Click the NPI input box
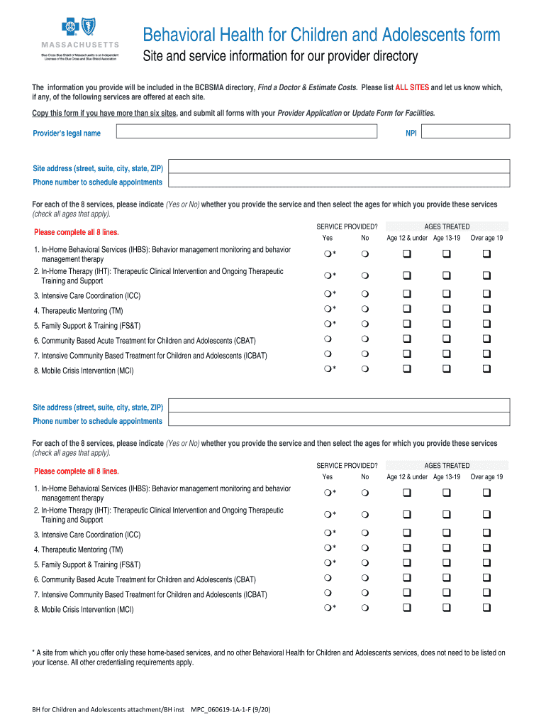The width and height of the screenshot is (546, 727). click(x=467, y=131)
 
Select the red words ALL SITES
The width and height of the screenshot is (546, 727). click(x=412, y=87)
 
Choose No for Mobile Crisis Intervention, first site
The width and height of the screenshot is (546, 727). click(x=365, y=369)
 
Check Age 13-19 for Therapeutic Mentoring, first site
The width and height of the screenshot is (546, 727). click(x=447, y=310)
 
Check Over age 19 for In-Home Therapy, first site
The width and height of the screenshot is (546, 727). click(x=487, y=275)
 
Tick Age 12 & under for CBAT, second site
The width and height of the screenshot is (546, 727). click(x=408, y=578)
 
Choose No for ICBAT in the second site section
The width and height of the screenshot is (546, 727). click(x=365, y=593)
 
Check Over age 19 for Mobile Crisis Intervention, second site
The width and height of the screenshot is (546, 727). click(x=487, y=608)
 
